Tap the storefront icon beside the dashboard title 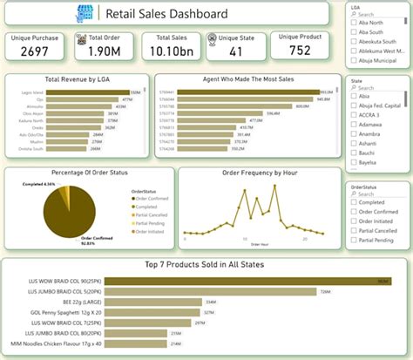(85, 14)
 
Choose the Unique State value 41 (236, 53)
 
